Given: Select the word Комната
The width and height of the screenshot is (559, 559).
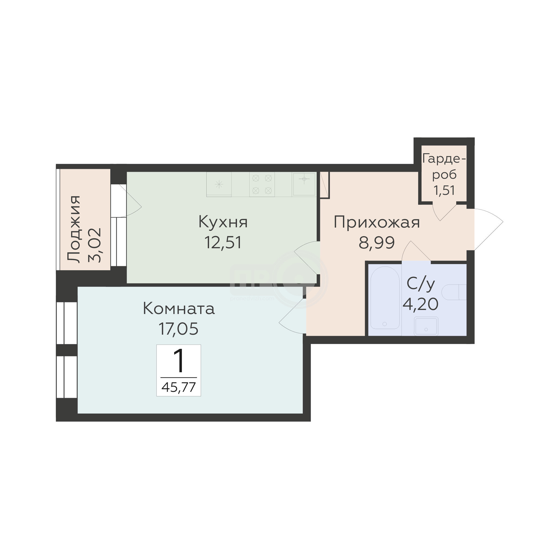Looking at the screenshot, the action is coord(179,309).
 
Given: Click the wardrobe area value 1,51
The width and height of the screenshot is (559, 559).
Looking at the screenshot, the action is coord(444,190).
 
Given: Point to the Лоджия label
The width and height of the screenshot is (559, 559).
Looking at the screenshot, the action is coord(74,229).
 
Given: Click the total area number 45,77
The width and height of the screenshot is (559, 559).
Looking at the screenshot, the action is coord(179,387).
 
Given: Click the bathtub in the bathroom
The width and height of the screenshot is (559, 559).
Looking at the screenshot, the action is coord(385,298).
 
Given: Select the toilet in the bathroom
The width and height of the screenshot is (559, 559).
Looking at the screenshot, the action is coord(454,292).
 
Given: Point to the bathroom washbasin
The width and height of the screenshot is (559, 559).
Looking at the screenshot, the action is coord(426,326).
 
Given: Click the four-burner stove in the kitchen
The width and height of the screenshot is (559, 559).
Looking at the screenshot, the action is coord(262,184).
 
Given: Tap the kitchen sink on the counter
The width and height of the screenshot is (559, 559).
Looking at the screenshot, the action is coord(304,184).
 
